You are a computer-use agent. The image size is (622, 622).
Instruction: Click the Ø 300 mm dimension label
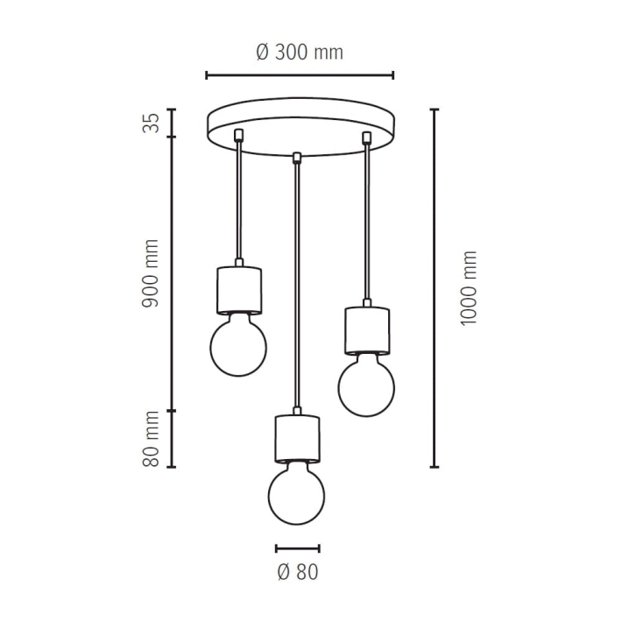click(x=300, y=52)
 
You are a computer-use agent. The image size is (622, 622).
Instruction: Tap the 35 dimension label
click(x=151, y=123)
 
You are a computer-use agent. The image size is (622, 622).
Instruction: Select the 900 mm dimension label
click(x=151, y=273)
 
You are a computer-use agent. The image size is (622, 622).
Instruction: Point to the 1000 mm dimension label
click(x=468, y=288)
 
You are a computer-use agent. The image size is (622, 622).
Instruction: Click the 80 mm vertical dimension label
click(x=151, y=439)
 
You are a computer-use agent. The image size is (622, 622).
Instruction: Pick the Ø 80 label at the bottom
click(x=298, y=572)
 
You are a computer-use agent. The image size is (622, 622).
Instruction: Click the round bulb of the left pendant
click(x=238, y=345)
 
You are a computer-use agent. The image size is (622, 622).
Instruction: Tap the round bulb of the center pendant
click(x=296, y=494)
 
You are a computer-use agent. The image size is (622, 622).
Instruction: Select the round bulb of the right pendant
click(x=366, y=385)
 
